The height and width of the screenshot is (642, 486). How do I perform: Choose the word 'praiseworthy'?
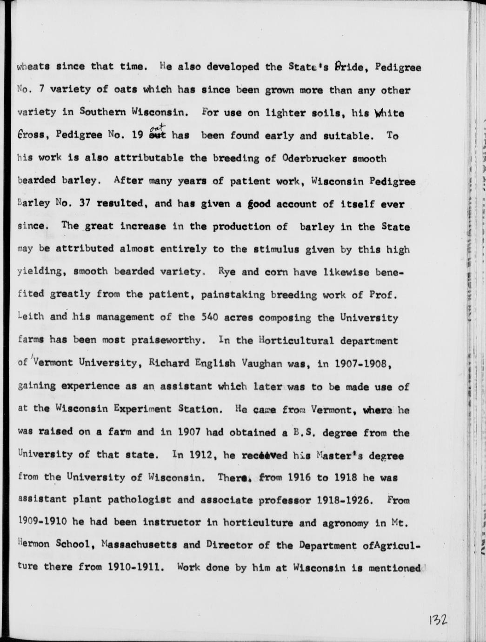(x=173, y=341)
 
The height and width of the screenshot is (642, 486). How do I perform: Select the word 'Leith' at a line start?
(x=31, y=318)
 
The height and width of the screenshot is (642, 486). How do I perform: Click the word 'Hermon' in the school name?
(x=34, y=545)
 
